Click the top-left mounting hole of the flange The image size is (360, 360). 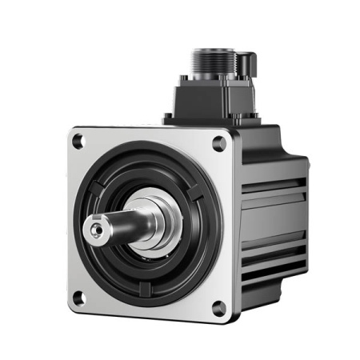tap(78, 142)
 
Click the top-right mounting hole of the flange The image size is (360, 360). tap(218, 144)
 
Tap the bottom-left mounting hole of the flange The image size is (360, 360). tap(78, 298)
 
